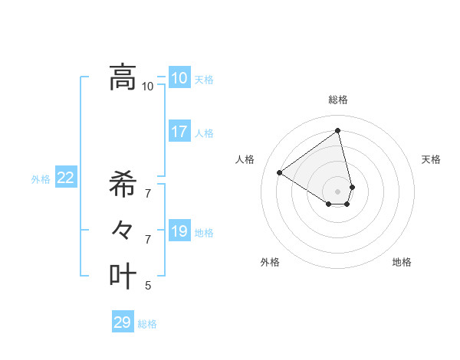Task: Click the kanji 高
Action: click(x=123, y=77)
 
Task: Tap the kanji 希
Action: click(x=123, y=185)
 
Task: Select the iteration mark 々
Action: click(x=123, y=230)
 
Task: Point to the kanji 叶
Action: click(x=123, y=276)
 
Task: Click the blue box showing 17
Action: click(x=179, y=131)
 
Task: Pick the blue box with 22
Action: click(x=66, y=178)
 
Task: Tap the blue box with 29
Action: click(x=123, y=322)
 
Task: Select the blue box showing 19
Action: click(x=179, y=231)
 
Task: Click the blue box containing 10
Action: click(x=179, y=77)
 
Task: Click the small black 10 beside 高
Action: click(x=147, y=87)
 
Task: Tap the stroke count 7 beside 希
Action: click(x=148, y=194)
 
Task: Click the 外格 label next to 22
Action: click(x=41, y=179)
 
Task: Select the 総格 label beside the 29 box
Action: click(x=147, y=324)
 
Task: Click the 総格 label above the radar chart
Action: click(x=338, y=100)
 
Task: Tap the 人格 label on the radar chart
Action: click(x=245, y=159)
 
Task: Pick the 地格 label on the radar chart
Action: click(x=402, y=262)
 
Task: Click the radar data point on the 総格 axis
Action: click(x=338, y=131)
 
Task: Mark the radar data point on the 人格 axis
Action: click(x=280, y=173)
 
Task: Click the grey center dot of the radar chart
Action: click(x=338, y=191)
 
